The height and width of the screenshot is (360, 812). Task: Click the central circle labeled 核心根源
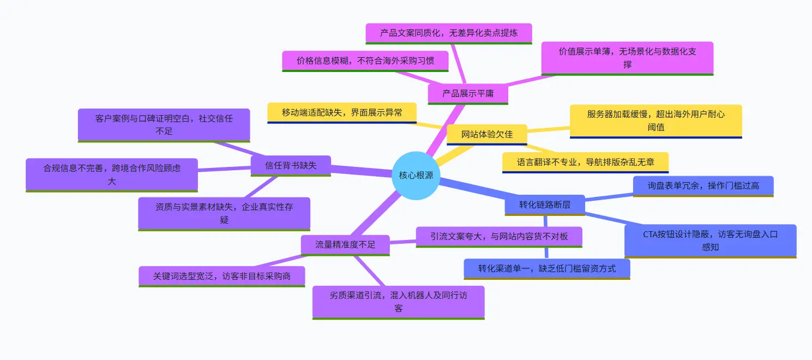point(416,176)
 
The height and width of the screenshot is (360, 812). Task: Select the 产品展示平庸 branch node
point(468,94)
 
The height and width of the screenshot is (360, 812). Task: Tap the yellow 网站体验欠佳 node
point(487,135)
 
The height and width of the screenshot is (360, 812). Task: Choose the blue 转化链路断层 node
point(545,205)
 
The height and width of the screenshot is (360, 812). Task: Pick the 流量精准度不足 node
point(345,245)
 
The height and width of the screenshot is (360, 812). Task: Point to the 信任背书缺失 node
point(291,166)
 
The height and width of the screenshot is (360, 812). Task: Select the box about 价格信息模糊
point(365,61)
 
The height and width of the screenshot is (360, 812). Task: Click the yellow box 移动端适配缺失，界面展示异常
point(342,113)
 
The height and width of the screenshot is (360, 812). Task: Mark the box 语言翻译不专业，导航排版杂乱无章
point(586,163)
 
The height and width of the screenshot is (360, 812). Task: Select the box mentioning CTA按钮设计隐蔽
point(711,241)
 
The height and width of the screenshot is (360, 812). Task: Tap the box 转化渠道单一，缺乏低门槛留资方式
point(547,269)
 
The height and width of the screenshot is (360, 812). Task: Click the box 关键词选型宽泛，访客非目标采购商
point(222,277)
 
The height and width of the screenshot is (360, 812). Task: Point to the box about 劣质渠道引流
point(399,303)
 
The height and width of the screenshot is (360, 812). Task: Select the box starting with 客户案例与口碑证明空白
point(164,125)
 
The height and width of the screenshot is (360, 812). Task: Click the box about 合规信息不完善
point(112,175)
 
